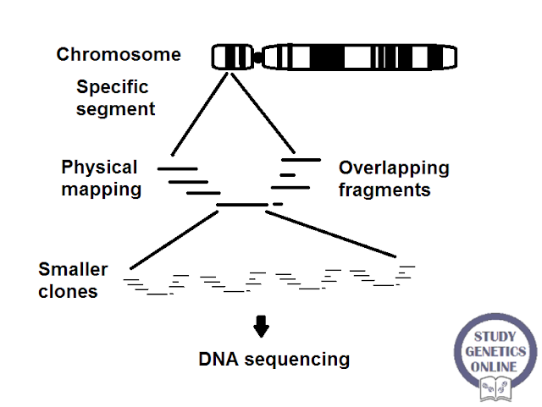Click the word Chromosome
pos(119,55)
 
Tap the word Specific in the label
pos(112,87)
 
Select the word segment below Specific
pos(116,108)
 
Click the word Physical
pos(99,167)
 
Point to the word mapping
pos(101,189)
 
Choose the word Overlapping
pos(394,168)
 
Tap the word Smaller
pos(73,270)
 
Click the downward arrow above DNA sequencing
pos(261,326)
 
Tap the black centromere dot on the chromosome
pos(257,58)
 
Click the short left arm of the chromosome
pos(233,58)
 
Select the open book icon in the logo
pos(495,387)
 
